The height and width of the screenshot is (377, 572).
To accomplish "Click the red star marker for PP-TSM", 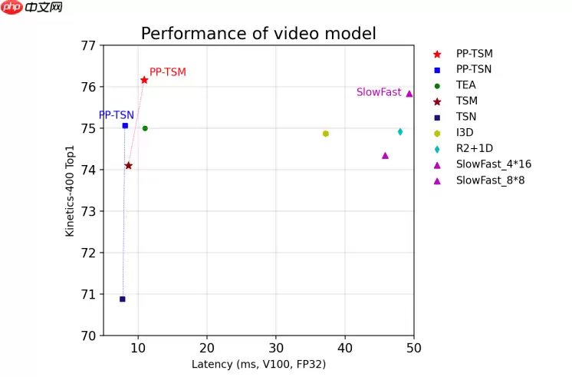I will pyautogui.click(x=144, y=80).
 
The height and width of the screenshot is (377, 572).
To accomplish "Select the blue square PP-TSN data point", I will pyautogui.click(x=125, y=125).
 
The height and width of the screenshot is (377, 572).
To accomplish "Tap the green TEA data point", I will pyautogui.click(x=145, y=128).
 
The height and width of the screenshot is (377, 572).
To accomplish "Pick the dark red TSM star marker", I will pyautogui.click(x=128, y=165).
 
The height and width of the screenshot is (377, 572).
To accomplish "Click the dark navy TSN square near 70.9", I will pyautogui.click(x=122, y=299).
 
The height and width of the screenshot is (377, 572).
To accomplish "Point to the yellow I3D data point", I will pyautogui.click(x=326, y=134).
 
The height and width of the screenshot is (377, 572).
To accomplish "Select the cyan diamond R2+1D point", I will pyautogui.click(x=400, y=131).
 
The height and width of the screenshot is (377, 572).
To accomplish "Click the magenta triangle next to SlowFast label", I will pyautogui.click(x=409, y=94).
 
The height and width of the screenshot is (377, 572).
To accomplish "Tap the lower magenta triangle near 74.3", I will pyautogui.click(x=385, y=155).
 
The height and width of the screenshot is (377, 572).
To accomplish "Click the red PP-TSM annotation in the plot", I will pyautogui.click(x=167, y=72).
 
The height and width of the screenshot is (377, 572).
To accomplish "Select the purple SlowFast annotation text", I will pyautogui.click(x=379, y=92).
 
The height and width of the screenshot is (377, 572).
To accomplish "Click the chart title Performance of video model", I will pyautogui.click(x=258, y=34).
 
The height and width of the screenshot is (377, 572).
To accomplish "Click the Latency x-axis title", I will pyautogui.click(x=258, y=364).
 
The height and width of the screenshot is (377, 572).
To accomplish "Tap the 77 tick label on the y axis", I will pyautogui.click(x=88, y=45).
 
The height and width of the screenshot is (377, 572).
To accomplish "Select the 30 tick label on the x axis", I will pyautogui.click(x=275, y=348).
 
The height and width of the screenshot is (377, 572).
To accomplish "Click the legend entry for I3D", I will pyautogui.click(x=465, y=132).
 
